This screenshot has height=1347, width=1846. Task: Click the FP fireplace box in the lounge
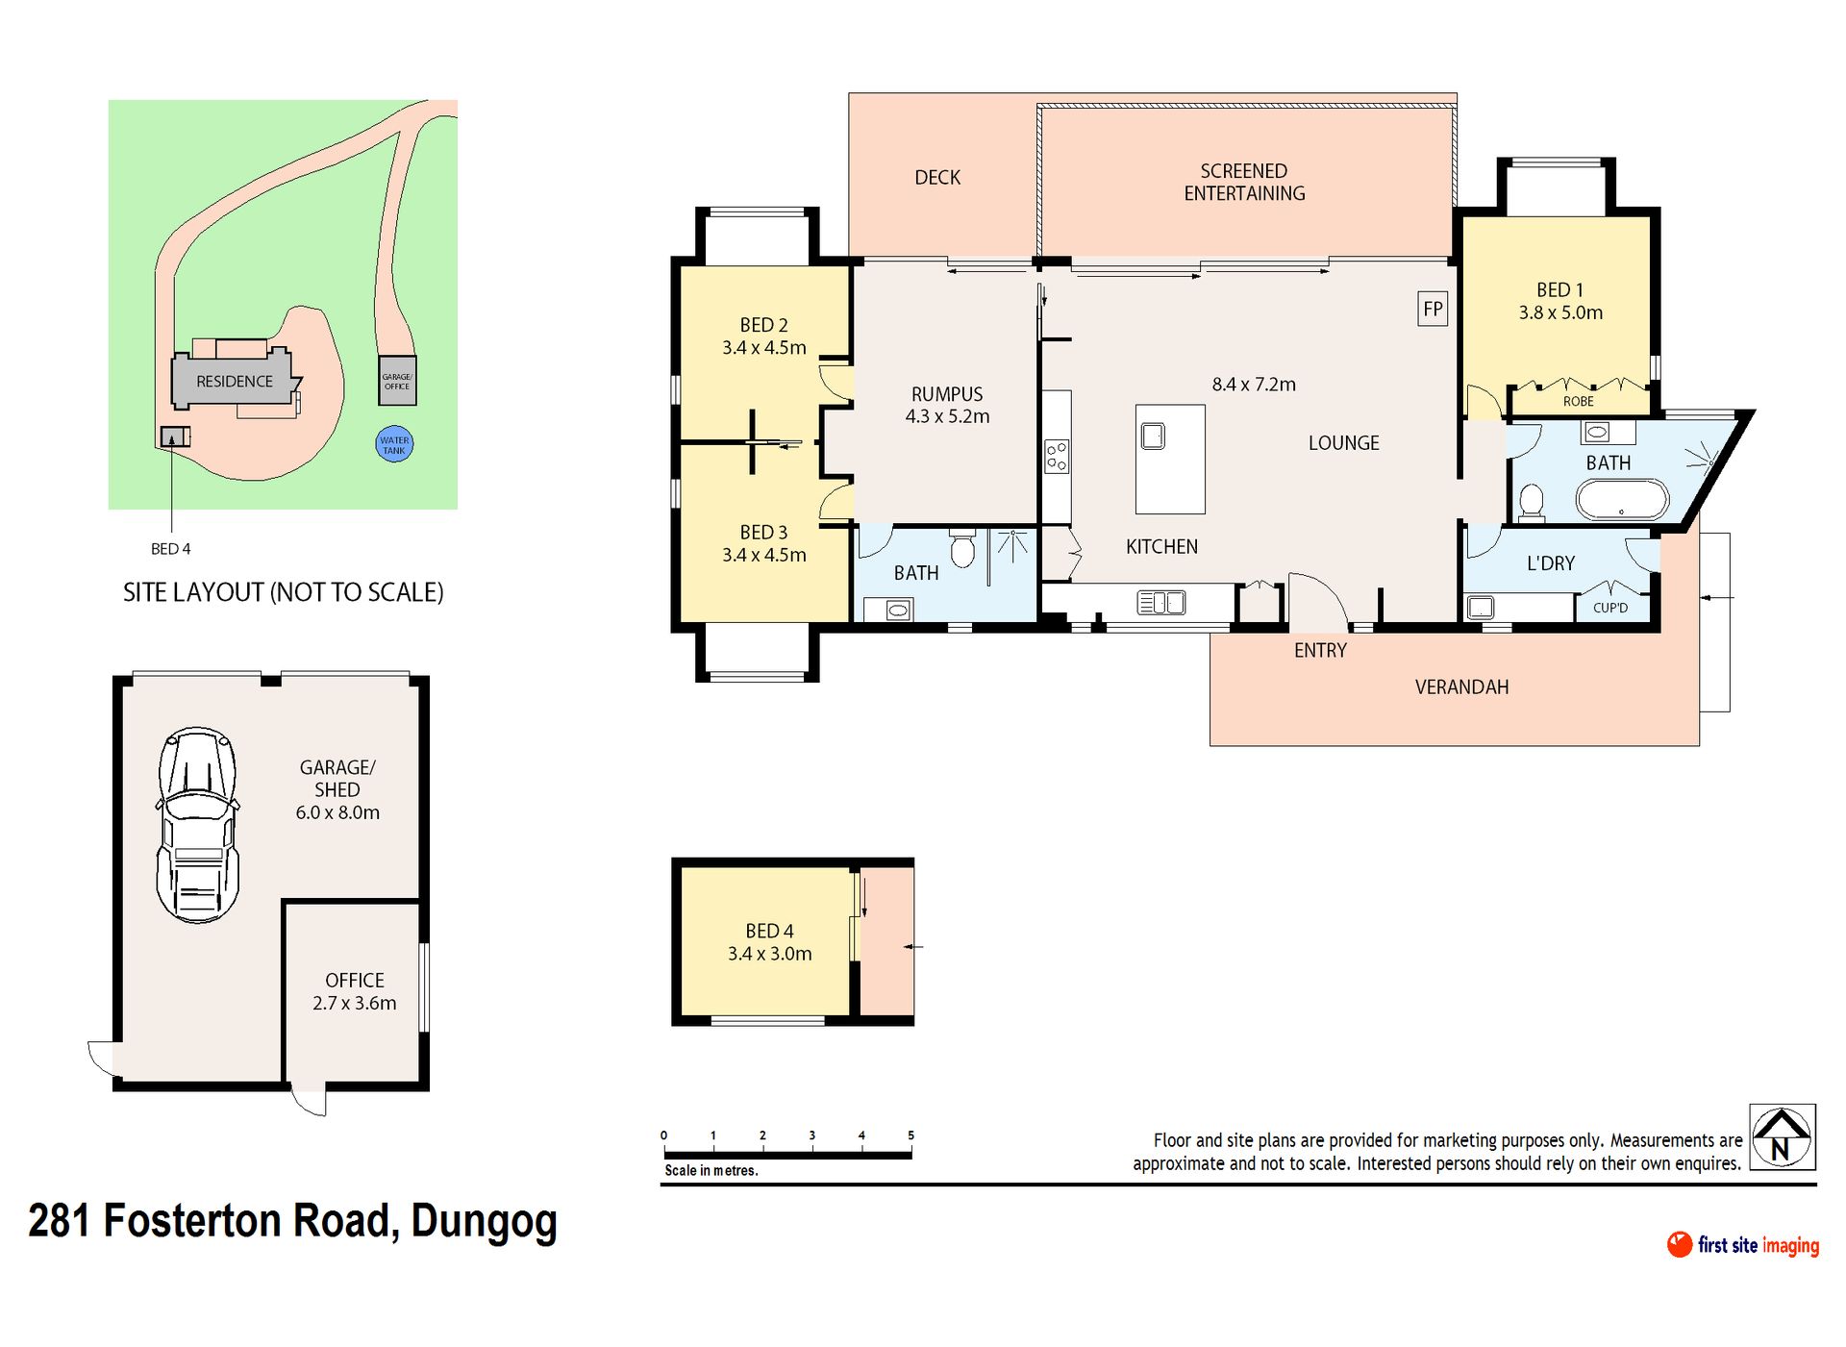coord(1433,309)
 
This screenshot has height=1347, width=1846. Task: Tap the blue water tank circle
coord(394,444)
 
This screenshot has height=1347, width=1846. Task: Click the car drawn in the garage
coord(197,825)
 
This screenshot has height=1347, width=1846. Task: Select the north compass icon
coord(1782,1137)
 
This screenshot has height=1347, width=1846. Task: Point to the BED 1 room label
coord(1559,289)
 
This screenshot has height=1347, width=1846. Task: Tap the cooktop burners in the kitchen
coord(1057,456)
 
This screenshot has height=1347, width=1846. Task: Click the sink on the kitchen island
coord(1153,437)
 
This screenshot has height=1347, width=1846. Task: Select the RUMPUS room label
coord(947,394)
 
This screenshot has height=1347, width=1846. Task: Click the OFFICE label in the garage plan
coord(355,980)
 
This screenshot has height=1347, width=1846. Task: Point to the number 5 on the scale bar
coord(911,1135)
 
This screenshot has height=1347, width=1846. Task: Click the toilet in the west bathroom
coord(962,547)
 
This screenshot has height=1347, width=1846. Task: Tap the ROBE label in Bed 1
coord(1578,401)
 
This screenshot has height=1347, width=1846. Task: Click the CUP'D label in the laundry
coord(1610,608)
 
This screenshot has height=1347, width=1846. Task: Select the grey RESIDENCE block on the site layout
coord(235,380)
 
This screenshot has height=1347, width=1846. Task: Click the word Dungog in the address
coord(484,1222)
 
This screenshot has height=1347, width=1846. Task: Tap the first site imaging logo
coord(1743,1245)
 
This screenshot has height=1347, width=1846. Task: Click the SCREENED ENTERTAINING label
coord(1244,182)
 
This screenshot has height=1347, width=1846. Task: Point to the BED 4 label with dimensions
coord(769,942)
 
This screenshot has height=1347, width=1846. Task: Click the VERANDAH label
coord(1461,686)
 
